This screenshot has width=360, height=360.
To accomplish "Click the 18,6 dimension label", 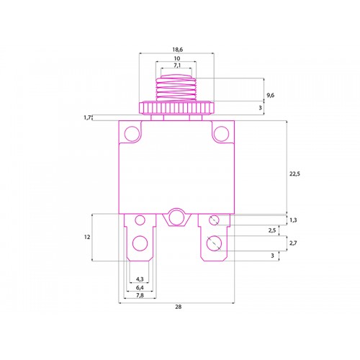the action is click(x=178, y=50).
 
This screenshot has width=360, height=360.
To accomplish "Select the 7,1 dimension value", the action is click(x=177, y=65).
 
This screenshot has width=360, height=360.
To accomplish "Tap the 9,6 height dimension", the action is click(x=271, y=95).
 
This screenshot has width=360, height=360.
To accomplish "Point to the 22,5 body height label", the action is click(x=294, y=174).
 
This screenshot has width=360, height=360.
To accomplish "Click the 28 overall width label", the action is click(x=179, y=307).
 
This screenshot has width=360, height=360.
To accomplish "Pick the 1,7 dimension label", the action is click(x=87, y=117).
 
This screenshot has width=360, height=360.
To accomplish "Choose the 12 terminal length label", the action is click(x=87, y=237).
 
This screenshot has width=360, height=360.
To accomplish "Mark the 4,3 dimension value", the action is click(x=140, y=279).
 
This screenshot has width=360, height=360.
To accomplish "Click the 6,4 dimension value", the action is click(x=140, y=287).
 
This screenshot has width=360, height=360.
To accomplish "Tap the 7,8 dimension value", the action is click(x=140, y=295).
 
